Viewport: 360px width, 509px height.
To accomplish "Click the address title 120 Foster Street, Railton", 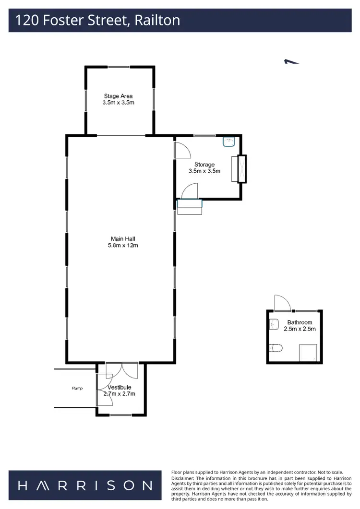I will click(98, 20).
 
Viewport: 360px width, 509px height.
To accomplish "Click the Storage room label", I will click(204, 165).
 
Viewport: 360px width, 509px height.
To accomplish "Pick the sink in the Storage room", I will click(228, 142).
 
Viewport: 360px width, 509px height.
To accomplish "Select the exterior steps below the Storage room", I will click(190, 207).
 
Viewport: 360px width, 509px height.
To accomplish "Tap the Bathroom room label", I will click(300, 322).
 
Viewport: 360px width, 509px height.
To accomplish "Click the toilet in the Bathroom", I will click(277, 347).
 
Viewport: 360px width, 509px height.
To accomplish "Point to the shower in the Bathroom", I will click(308, 353).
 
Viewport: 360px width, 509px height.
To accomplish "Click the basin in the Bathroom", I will click(274, 325).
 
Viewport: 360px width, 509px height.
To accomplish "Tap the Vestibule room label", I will click(119, 387).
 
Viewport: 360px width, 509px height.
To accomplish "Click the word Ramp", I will click(77, 388).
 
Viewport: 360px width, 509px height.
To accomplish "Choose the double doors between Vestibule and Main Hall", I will click(122, 370).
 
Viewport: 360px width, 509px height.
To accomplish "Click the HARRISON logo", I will click(85, 485).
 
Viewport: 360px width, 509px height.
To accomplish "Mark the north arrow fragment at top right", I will click(291, 61).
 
